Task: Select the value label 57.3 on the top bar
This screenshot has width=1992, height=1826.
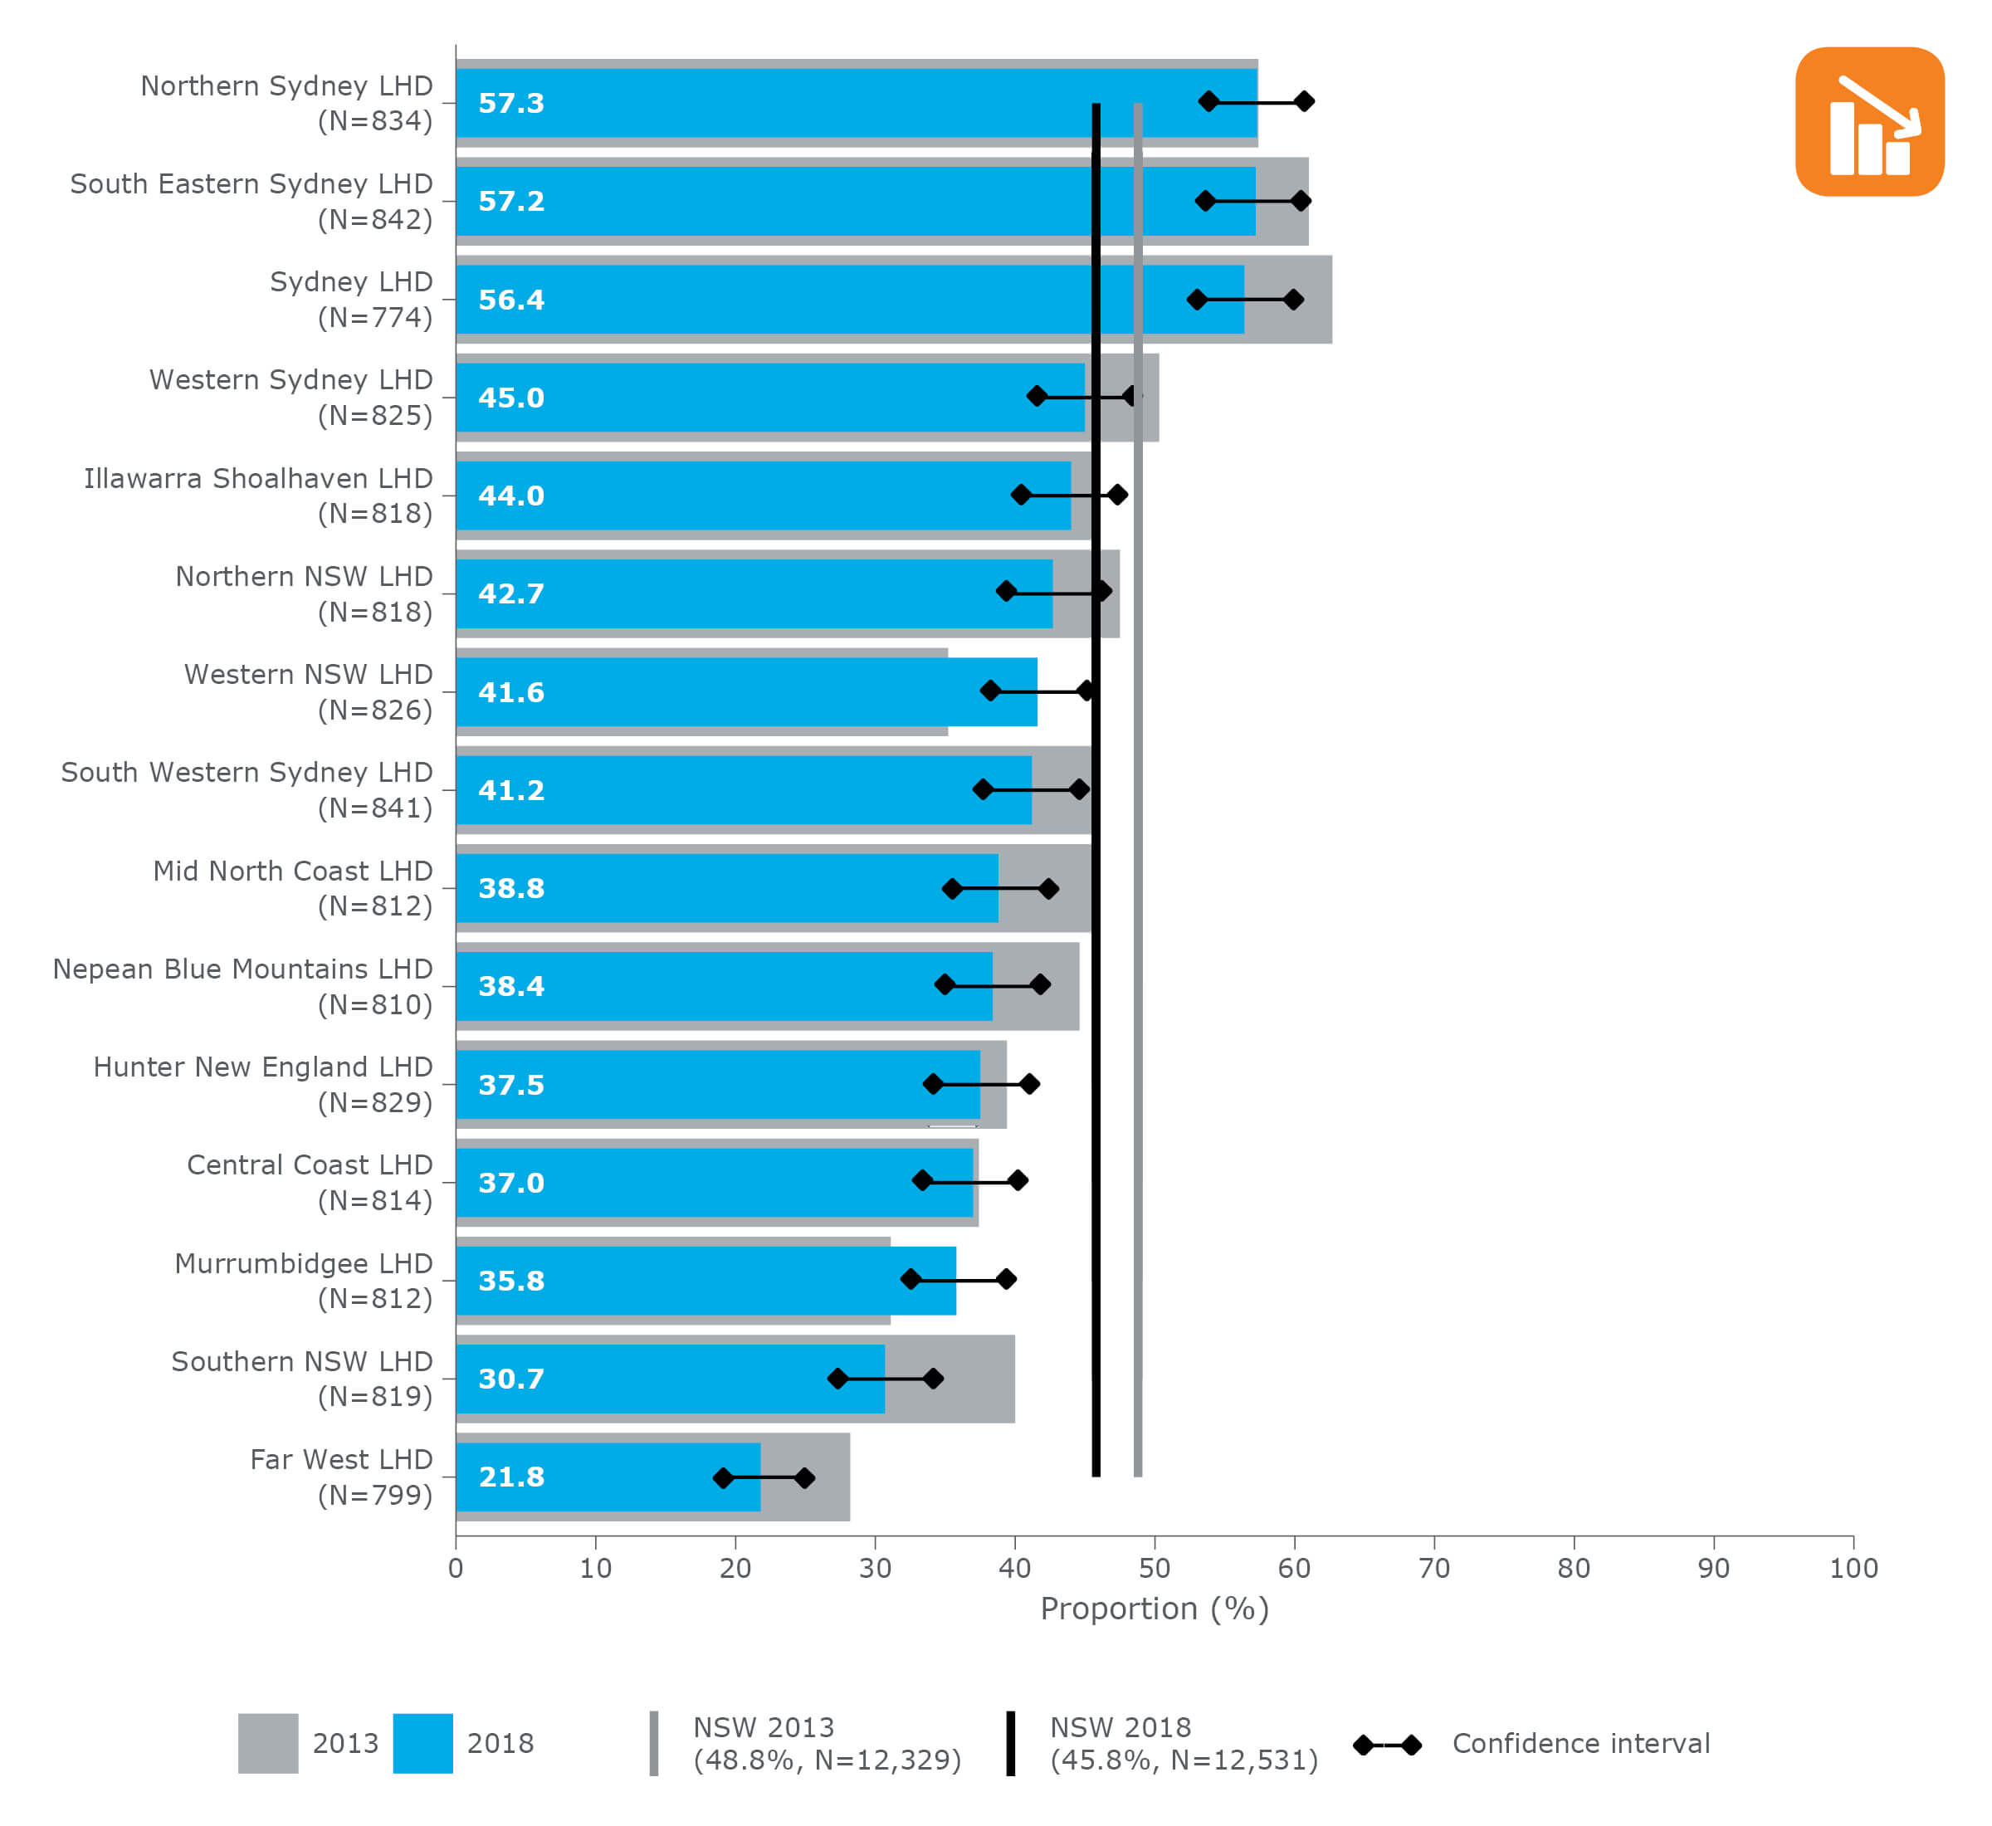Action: tap(510, 103)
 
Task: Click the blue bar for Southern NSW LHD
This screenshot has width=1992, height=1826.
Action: tap(670, 1379)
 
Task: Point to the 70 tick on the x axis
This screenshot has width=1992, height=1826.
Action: tap(1433, 1568)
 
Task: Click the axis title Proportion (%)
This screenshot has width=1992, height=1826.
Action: tap(1154, 1609)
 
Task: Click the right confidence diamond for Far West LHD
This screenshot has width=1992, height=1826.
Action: tap(804, 1478)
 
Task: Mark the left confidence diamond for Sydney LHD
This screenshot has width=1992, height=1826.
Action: tap(1197, 300)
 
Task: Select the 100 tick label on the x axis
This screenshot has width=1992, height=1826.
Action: tap(1853, 1568)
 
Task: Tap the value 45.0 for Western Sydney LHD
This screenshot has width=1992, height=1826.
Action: tap(510, 398)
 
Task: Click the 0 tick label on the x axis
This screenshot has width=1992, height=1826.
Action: tap(456, 1568)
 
